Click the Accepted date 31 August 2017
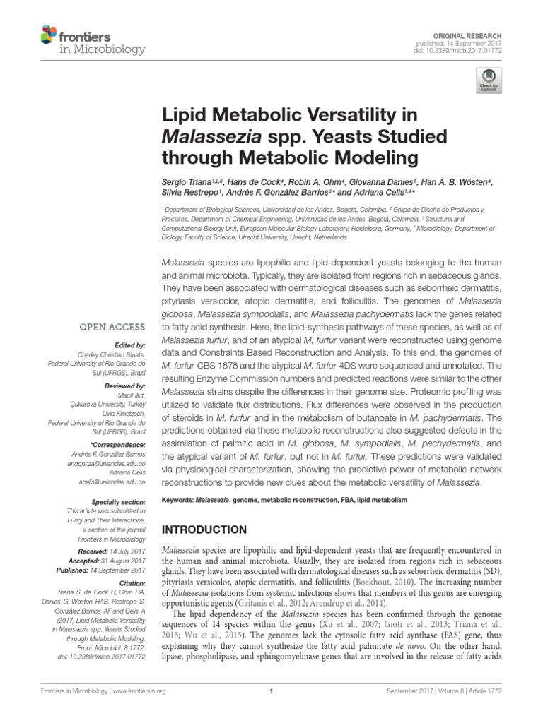(125, 560)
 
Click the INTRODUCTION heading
(205, 530)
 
